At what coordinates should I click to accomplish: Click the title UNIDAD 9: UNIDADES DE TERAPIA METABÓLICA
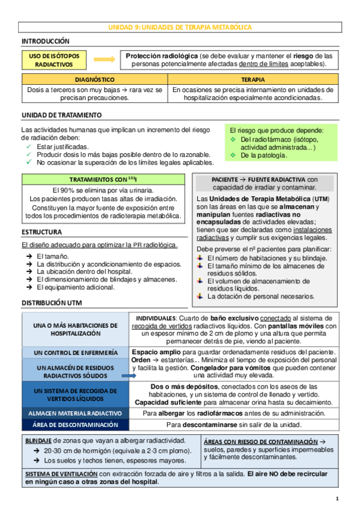[180, 28]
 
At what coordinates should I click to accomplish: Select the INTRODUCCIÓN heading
[46, 41]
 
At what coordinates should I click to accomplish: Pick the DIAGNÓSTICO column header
[94, 79]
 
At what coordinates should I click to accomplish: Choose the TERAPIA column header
[252, 79]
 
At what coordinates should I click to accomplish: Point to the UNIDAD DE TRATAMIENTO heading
[61, 115]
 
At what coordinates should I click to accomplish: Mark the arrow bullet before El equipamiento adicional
[29, 287]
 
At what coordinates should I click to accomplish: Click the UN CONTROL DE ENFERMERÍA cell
[75, 352]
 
